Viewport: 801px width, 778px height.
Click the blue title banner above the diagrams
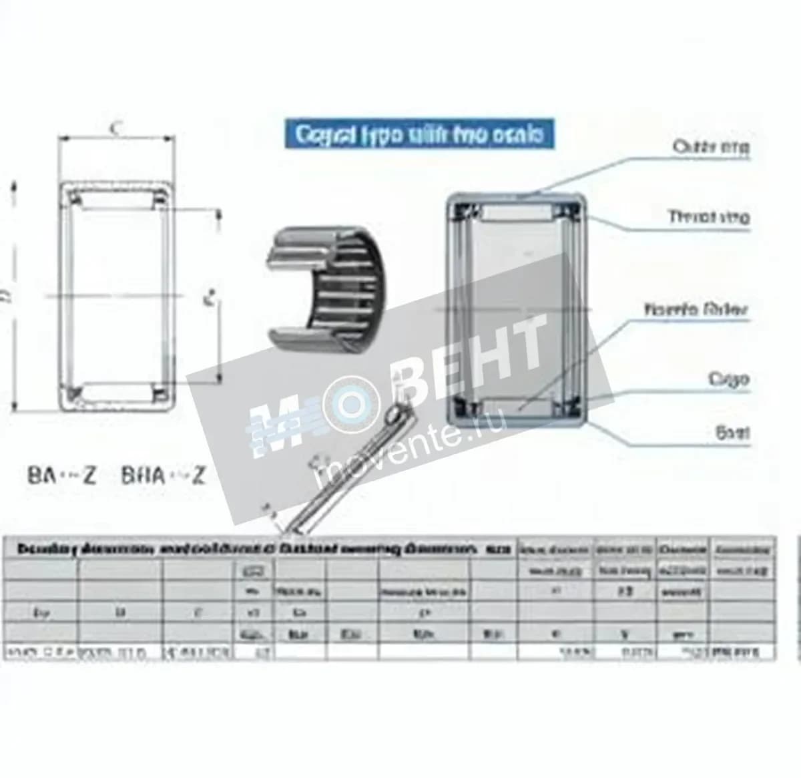click(419, 134)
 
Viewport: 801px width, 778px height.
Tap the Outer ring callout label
click(711, 146)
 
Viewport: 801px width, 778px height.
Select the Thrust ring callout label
click(709, 216)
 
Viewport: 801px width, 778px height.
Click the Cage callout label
click(728, 379)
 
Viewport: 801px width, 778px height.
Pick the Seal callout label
click(732, 432)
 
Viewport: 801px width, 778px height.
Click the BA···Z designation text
click(62, 475)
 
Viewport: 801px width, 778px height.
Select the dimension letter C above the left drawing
click(115, 128)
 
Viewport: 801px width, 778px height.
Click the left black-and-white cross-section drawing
click(117, 294)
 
